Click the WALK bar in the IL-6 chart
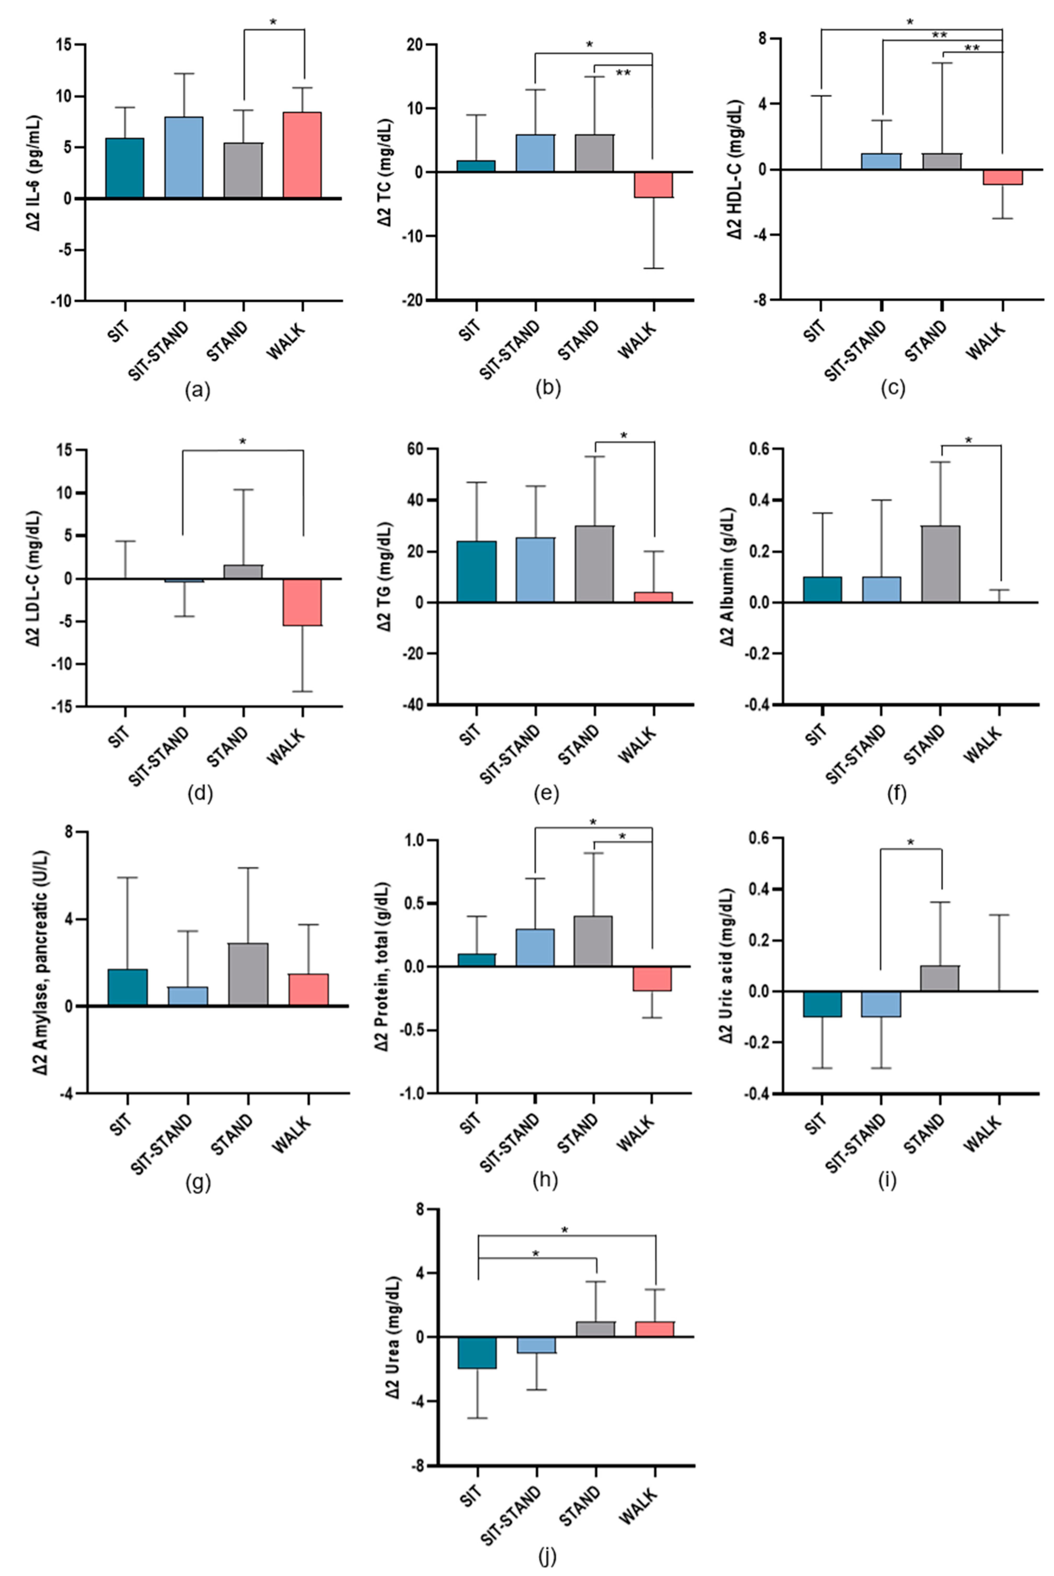[302, 155]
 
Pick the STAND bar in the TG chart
[594, 564]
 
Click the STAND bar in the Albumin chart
[940, 564]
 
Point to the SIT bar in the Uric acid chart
[822, 1003]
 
